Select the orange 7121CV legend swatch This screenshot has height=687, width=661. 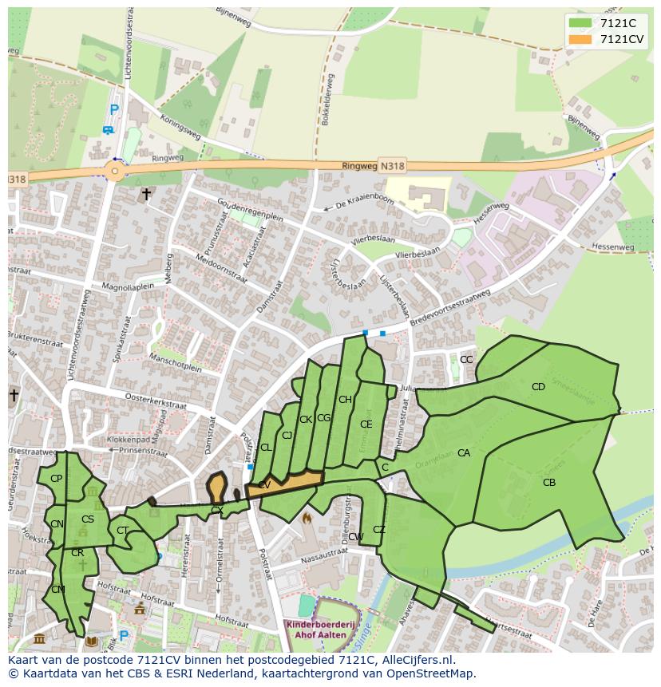click(580, 39)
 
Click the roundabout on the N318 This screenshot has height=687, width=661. click(115, 171)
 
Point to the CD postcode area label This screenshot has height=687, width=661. click(538, 387)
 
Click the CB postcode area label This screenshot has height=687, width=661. click(548, 483)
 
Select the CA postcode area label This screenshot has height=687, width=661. click(463, 453)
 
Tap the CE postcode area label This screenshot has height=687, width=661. click(366, 424)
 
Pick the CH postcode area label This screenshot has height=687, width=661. click(345, 400)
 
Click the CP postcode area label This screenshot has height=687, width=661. click(56, 479)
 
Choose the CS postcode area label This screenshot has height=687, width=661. click(88, 519)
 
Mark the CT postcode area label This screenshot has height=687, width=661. click(122, 531)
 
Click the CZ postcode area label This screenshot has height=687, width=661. click(378, 530)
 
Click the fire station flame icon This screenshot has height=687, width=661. click(305, 518)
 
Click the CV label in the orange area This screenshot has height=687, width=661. click(263, 484)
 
